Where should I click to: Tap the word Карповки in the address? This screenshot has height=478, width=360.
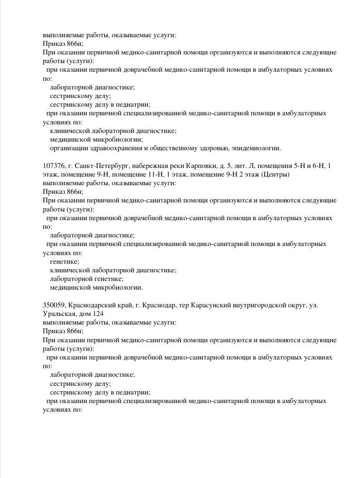(x=186, y=166)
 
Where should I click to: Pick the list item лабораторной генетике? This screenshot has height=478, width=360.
(x=87, y=279)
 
